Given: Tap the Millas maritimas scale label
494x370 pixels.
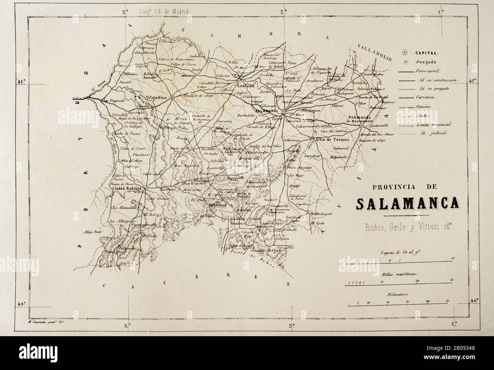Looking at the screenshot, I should click(398, 274).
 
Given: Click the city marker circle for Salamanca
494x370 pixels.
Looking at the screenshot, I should click(283, 111).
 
